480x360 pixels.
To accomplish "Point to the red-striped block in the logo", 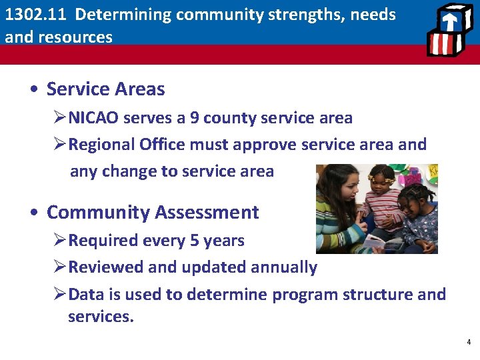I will [442, 44].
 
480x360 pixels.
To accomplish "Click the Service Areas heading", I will [105, 89].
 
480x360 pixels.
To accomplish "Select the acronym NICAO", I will [94, 118].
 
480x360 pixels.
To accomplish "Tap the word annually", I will [283, 267].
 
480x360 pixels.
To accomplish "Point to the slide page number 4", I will [468, 342].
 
